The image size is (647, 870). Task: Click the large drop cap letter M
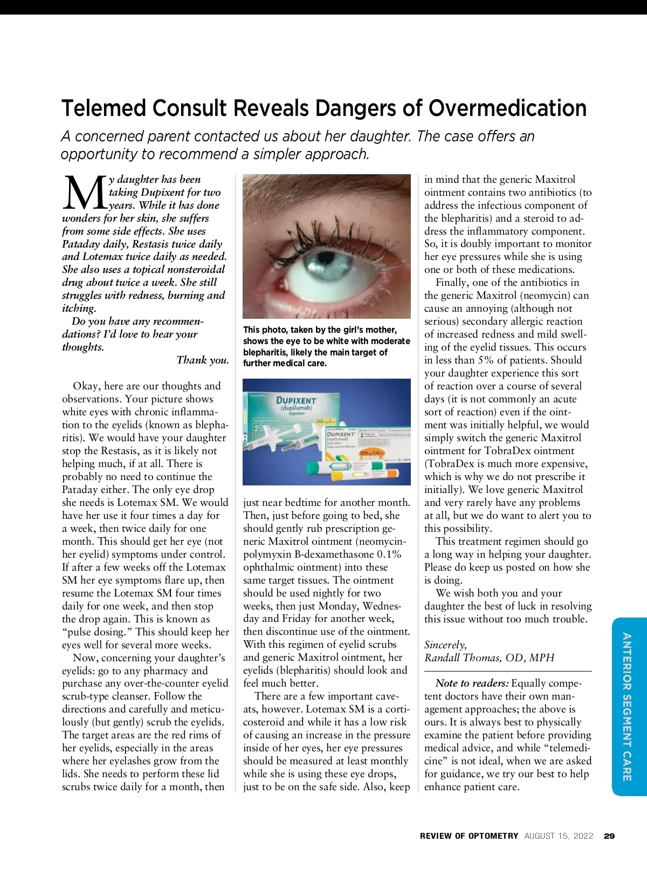(x=84, y=193)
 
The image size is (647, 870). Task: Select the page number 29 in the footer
(x=609, y=836)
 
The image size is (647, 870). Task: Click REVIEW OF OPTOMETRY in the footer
(x=469, y=836)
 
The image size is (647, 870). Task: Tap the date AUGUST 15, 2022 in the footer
(x=559, y=836)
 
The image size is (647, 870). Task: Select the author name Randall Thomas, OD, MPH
(x=489, y=657)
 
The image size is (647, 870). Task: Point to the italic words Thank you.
(x=203, y=360)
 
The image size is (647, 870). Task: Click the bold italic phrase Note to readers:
(x=472, y=683)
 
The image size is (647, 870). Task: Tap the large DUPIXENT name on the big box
(x=296, y=401)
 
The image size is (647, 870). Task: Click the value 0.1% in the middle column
(x=389, y=554)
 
